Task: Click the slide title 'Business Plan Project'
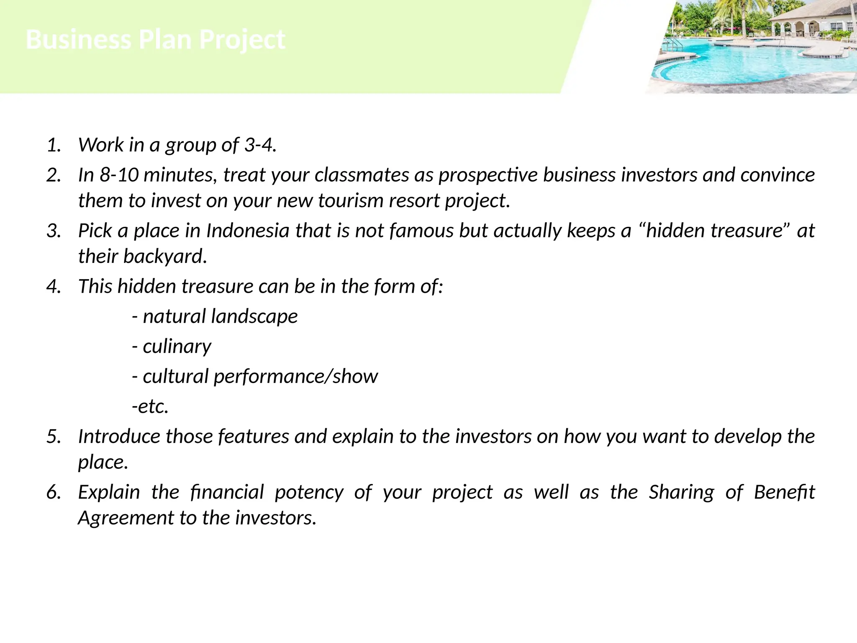pyautogui.click(x=156, y=40)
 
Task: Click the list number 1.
pyautogui.click(x=54, y=145)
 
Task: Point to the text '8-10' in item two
pyautogui.click(x=119, y=175)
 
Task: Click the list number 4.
pyautogui.click(x=54, y=286)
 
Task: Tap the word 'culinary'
pyautogui.click(x=177, y=347)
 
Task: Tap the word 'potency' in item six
pyautogui.click(x=309, y=492)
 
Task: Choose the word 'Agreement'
pyautogui.click(x=126, y=518)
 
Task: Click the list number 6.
pyautogui.click(x=54, y=492)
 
